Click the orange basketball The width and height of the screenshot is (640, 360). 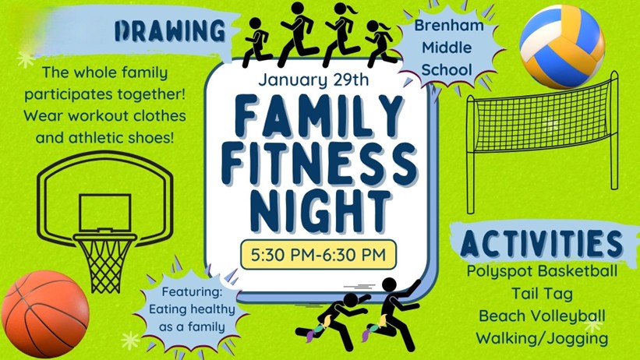point(45,314)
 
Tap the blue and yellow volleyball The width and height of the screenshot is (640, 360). point(562,47)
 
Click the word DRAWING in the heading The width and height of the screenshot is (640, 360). point(170,30)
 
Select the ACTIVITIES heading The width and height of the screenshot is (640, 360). point(541,243)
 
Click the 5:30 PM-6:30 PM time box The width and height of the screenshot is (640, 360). point(318,255)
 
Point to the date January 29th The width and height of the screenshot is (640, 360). point(313,79)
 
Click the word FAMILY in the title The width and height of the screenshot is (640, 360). point(319,116)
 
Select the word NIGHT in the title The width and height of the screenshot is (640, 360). point(320,211)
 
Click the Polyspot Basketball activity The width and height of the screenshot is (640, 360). point(542,270)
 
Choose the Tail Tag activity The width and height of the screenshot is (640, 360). point(542,294)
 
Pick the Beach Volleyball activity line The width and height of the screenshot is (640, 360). point(542,316)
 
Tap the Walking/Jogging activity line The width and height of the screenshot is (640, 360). point(542,338)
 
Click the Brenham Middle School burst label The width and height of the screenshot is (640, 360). point(448,48)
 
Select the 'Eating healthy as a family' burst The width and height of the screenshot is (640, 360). point(192,309)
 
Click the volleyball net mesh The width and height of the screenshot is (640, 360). point(543,117)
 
